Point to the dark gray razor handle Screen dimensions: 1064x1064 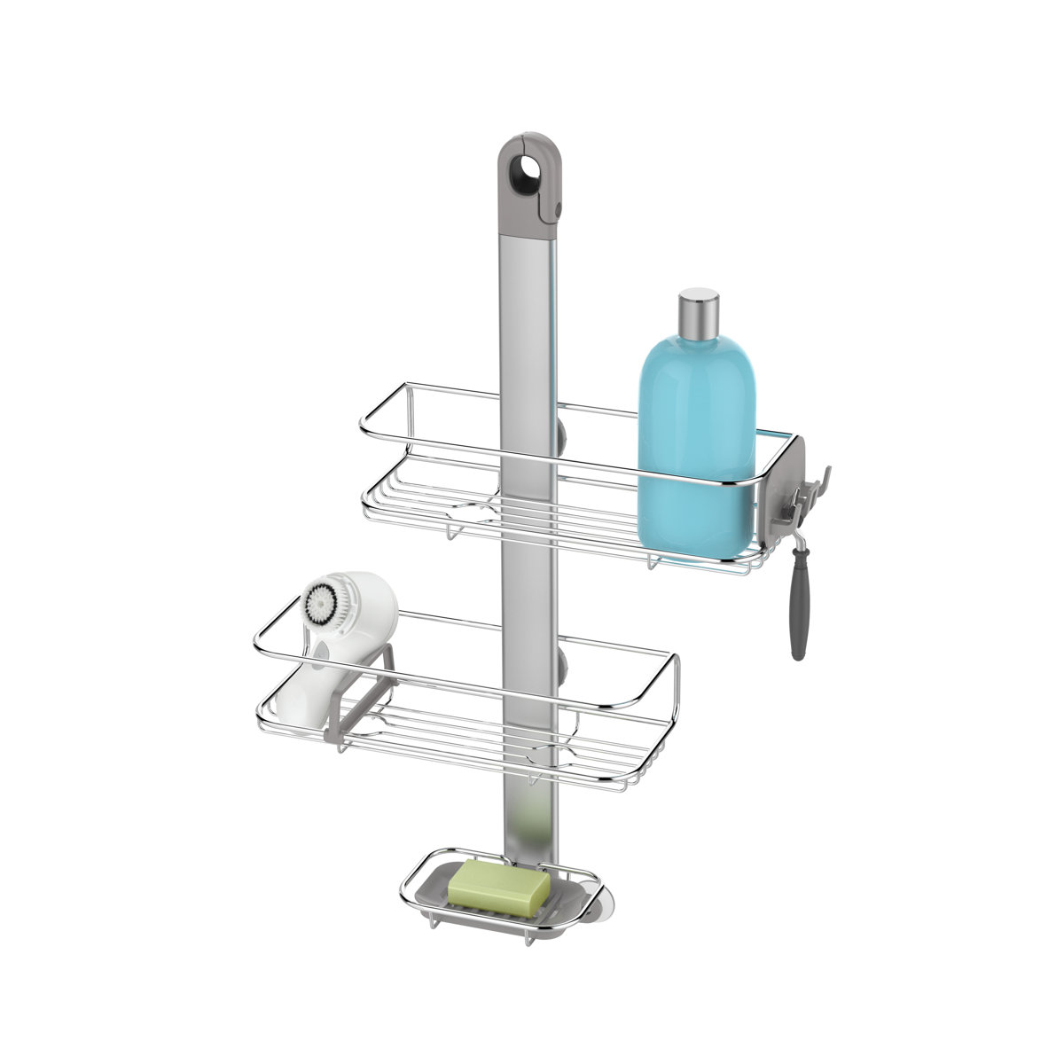pos(799,612)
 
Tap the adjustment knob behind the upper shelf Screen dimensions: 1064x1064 pos(562,434)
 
